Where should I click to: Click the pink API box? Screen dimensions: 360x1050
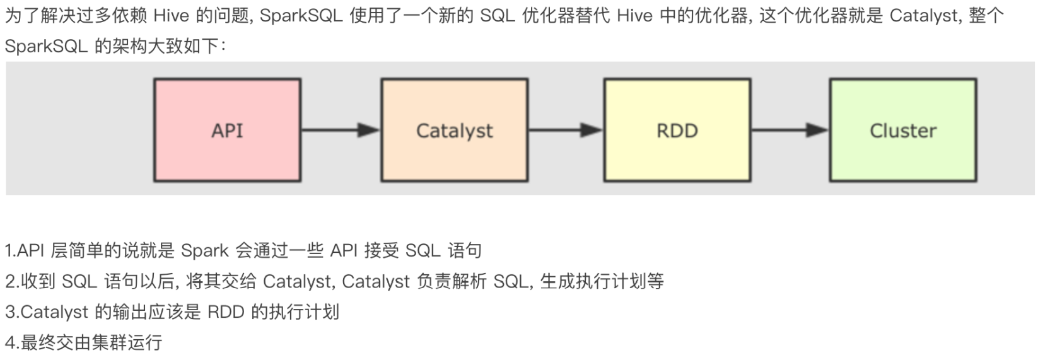227,130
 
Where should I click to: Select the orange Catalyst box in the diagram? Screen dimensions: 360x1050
454,130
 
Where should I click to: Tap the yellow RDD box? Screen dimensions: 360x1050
677,130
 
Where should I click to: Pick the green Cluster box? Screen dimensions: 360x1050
902,130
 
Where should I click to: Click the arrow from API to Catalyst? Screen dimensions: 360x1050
341,131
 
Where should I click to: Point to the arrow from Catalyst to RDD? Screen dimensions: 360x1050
565,131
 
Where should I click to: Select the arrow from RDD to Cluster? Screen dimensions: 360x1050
790,131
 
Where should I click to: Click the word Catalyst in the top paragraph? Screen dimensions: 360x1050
924,15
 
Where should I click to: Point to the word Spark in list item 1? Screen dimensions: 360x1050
204,250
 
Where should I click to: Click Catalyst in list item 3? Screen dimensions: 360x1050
55,311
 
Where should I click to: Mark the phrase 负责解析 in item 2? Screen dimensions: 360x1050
452,281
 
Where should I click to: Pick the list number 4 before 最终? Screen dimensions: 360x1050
9,342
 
